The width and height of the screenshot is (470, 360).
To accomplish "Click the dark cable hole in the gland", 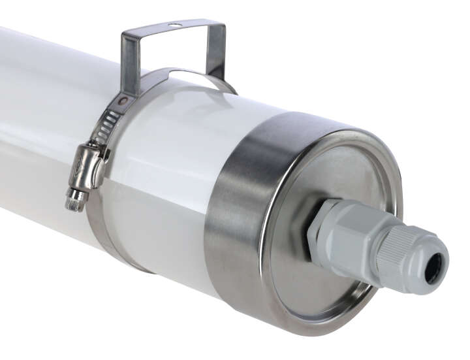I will click(x=433, y=268).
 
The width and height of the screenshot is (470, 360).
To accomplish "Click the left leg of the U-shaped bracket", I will click(x=129, y=62).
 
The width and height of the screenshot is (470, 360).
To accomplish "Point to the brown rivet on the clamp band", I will click(x=122, y=101).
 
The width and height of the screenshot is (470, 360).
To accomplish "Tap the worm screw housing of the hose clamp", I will click(x=87, y=167).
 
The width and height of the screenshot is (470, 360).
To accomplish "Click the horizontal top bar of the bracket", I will click(x=173, y=30).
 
